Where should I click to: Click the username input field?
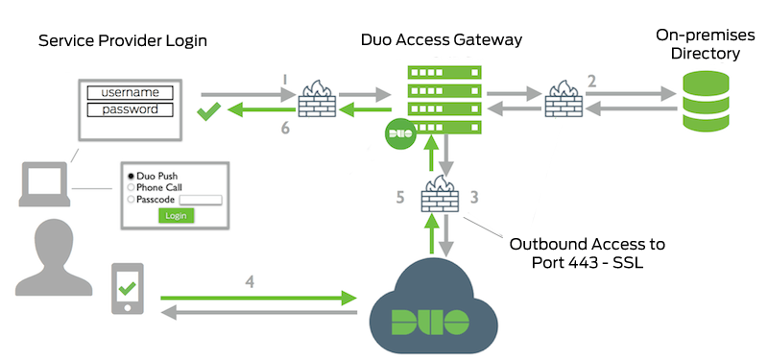(x=130, y=93)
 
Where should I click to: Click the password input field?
(x=130, y=109)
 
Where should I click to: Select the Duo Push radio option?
(x=132, y=176)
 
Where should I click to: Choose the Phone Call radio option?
(x=132, y=187)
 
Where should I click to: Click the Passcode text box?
(x=201, y=200)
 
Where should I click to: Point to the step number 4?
(x=252, y=283)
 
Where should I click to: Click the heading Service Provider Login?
(x=122, y=41)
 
